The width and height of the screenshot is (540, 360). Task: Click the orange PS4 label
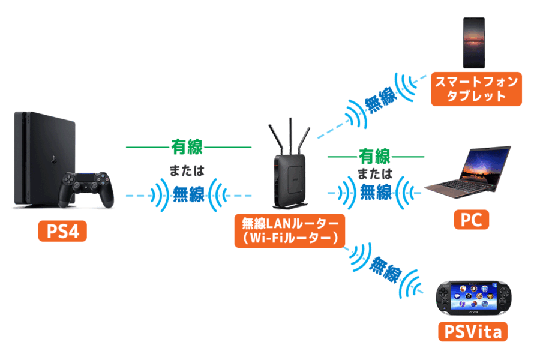[x=62, y=231]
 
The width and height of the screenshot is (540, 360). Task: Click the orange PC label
[x=472, y=220]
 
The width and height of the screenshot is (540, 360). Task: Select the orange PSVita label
[x=473, y=331]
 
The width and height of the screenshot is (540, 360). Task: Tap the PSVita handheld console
[x=474, y=298]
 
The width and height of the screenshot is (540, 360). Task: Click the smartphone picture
[x=474, y=43]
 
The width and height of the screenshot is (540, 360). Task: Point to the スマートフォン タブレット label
[x=476, y=89]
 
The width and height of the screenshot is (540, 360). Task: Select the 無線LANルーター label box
[x=290, y=230]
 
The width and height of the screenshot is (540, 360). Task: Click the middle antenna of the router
[x=290, y=136]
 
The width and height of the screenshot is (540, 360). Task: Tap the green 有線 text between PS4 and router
[x=187, y=147]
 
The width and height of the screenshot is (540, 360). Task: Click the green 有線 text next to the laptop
[x=374, y=157]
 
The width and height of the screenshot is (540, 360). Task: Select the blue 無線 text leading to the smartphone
[x=380, y=100]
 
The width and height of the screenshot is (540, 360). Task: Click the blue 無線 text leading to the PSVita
[x=385, y=270]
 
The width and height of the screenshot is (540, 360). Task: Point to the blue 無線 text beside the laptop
[x=376, y=192]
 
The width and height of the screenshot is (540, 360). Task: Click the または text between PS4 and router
[x=187, y=170]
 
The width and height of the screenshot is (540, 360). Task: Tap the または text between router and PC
[x=375, y=173]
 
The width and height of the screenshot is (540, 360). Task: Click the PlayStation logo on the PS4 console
[x=53, y=159]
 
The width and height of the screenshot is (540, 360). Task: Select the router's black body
[x=290, y=180]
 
